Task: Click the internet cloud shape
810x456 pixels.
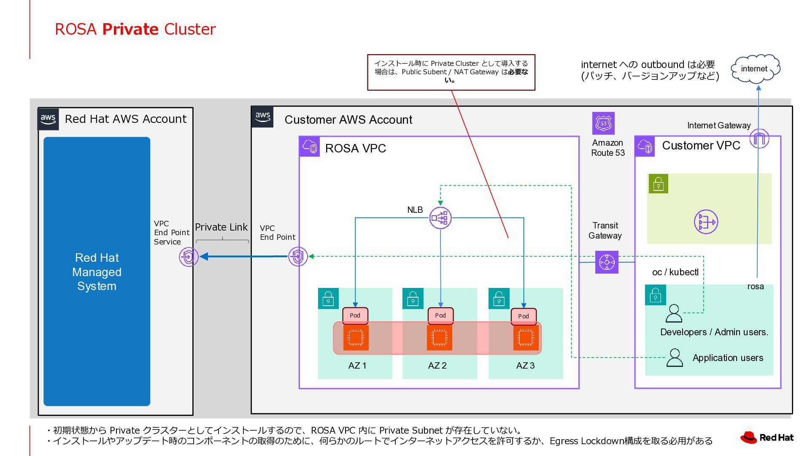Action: pyautogui.click(x=755, y=68)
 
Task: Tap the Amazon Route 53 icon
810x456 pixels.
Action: pyautogui.click(x=603, y=123)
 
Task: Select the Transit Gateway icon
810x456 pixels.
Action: pyautogui.click(x=607, y=262)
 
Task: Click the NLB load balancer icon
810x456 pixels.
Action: pyautogui.click(x=440, y=218)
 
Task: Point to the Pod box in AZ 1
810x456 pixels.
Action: pyautogui.click(x=355, y=315)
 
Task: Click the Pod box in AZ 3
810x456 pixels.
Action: pyautogui.click(x=524, y=316)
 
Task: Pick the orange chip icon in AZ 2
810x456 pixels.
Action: pyautogui.click(x=440, y=338)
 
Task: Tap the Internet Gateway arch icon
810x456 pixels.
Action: pyautogui.click(x=759, y=138)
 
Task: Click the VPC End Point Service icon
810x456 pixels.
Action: pyautogui.click(x=188, y=257)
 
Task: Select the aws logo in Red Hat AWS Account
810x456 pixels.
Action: pyautogui.click(x=48, y=119)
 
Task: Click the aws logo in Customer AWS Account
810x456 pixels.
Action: pyautogui.click(x=262, y=117)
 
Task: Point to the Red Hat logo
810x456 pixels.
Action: pyautogui.click(x=767, y=437)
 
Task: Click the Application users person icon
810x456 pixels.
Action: pyautogui.click(x=675, y=358)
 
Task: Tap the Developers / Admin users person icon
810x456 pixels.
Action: pyautogui.click(x=674, y=314)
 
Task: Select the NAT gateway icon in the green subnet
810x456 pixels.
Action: pyautogui.click(x=706, y=222)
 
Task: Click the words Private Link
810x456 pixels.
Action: pyautogui.click(x=221, y=227)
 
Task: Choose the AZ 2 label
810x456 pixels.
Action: pyautogui.click(x=437, y=366)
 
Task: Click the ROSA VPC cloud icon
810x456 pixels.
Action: pyautogui.click(x=310, y=147)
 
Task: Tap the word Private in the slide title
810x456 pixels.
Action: pyautogui.click(x=130, y=29)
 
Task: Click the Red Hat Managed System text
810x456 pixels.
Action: pyautogui.click(x=97, y=272)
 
